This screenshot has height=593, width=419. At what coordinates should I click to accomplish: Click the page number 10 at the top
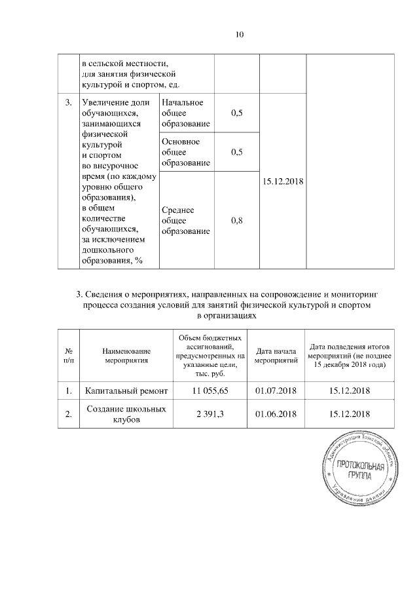tap(240, 35)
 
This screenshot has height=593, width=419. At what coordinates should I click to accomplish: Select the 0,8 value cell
tap(237, 221)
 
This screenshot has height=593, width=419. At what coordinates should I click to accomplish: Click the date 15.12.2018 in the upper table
tap(283, 182)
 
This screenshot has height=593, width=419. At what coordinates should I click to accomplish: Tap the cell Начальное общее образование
tap(186, 113)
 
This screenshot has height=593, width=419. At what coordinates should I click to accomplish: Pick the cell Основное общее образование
tap(186, 152)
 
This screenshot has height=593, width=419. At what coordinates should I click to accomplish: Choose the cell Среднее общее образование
tap(186, 221)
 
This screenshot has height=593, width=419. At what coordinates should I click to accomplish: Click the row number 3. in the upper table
tap(68, 103)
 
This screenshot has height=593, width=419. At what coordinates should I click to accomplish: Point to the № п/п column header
tap(68, 356)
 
